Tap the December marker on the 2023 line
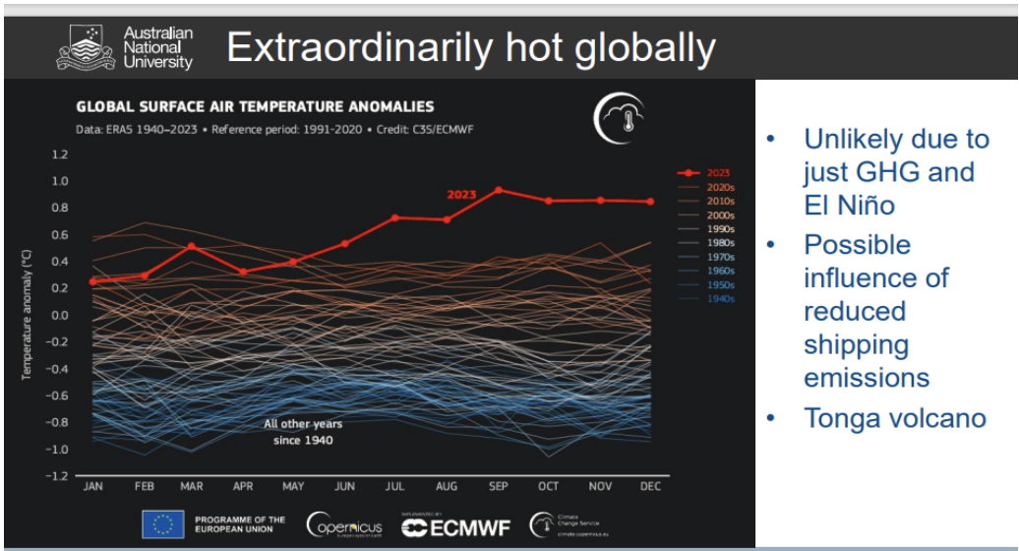pyautogui.click(x=649, y=202)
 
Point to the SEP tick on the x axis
pyautogui.click(x=497, y=486)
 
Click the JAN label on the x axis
pyautogui.click(x=92, y=486)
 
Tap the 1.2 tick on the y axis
pyautogui.click(x=60, y=154)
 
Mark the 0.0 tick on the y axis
pyautogui.click(x=60, y=316)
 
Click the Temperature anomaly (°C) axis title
pyautogui.click(x=27, y=315)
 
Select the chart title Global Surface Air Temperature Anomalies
pyautogui.click(x=255, y=107)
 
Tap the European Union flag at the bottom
pyautogui.click(x=162, y=525)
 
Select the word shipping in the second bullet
pyautogui.click(x=856, y=345)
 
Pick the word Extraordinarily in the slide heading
pyautogui.click(x=364, y=47)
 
